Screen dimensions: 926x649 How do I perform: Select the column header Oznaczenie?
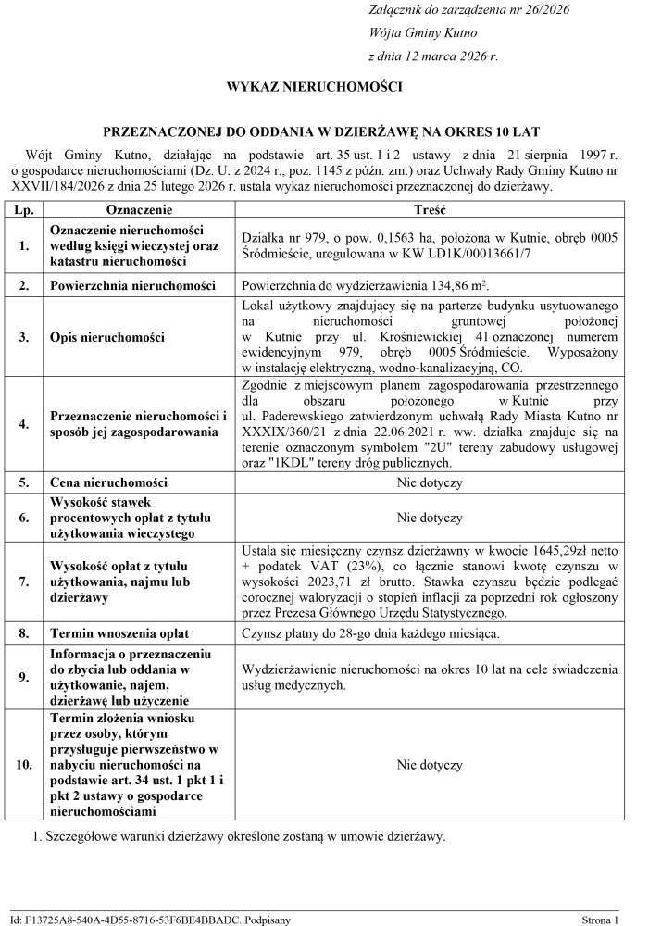140,210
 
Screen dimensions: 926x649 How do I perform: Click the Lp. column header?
25,210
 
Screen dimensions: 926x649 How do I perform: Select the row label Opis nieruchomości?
107,335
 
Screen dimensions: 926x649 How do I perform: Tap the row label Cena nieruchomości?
108,482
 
